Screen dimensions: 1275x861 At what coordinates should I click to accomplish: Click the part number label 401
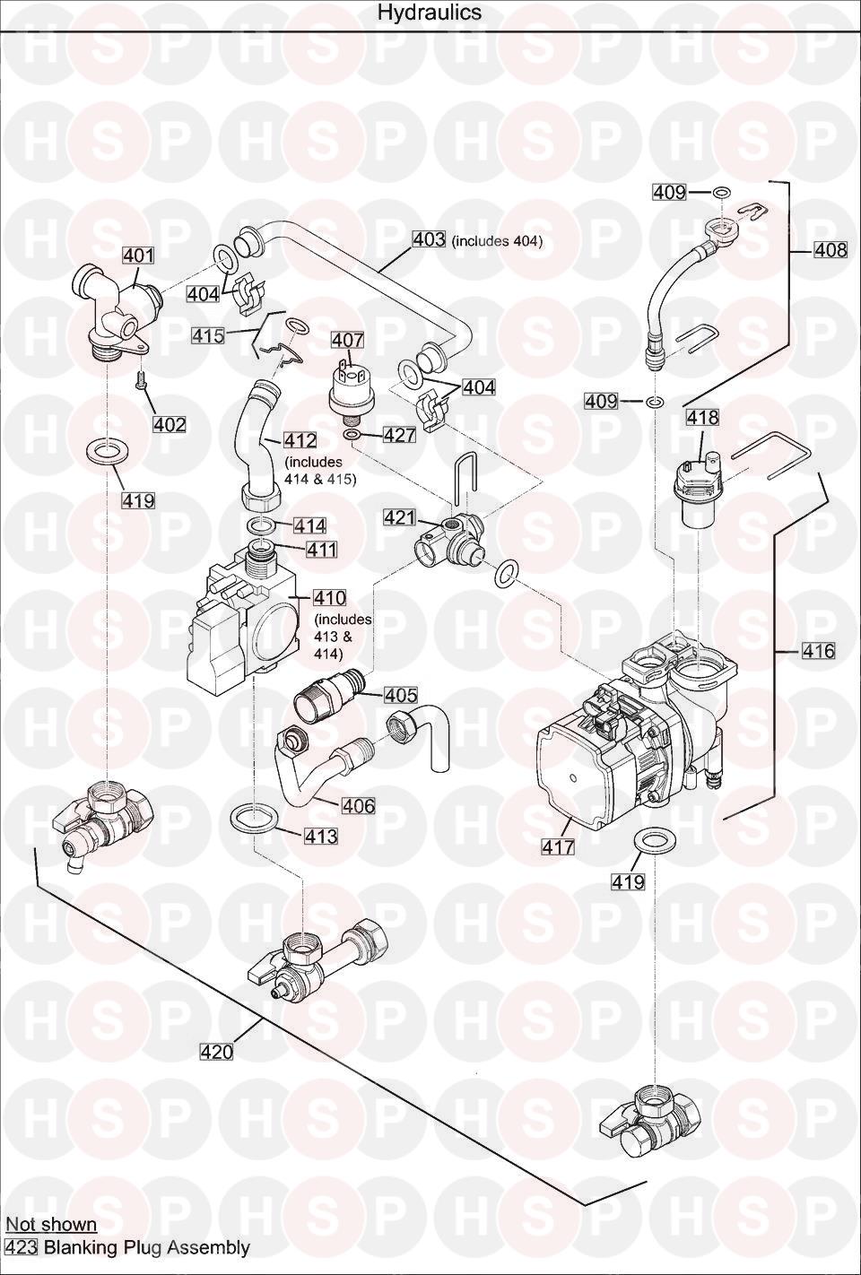(138, 256)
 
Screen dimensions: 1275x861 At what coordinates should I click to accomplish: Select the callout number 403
(429, 239)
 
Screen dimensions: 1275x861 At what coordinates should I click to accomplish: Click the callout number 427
(399, 435)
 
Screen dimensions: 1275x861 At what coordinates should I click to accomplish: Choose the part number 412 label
(300, 440)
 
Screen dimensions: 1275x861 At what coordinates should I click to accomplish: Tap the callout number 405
(401, 695)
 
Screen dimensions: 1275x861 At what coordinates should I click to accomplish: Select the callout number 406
(359, 806)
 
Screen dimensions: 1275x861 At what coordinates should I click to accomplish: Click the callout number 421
(400, 517)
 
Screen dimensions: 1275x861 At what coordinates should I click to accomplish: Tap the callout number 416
(818, 651)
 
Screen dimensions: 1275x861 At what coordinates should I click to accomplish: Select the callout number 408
(830, 250)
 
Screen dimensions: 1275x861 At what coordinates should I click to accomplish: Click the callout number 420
(217, 1052)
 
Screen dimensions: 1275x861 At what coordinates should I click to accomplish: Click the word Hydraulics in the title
(430, 13)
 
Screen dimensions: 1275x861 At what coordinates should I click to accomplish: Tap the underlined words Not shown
(51, 1224)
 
